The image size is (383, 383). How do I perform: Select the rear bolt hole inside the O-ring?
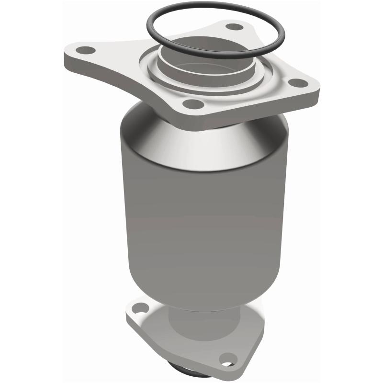point(234,27)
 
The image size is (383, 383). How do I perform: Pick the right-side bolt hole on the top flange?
point(299,82)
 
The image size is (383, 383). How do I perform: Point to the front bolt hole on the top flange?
point(193,103)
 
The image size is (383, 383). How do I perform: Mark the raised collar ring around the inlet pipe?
point(158,77)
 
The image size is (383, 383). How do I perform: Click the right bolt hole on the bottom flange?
point(228,357)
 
